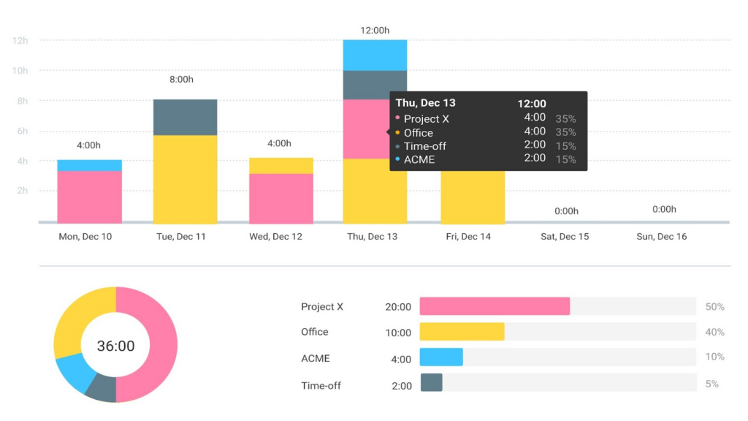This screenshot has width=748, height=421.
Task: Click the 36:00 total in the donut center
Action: (115, 346)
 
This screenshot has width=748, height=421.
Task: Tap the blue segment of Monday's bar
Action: (89, 164)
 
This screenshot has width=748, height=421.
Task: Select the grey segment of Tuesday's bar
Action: (185, 117)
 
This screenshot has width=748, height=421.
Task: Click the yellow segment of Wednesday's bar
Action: (280, 165)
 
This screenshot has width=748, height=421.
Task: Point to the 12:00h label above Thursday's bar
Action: (375, 31)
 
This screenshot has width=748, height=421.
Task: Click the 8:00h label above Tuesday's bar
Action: (181, 79)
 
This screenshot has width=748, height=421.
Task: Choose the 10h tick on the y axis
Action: (20, 70)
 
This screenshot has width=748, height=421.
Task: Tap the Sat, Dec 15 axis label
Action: (565, 237)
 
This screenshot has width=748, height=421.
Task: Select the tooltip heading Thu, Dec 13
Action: (425, 103)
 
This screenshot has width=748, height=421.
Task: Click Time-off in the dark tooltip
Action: (424, 146)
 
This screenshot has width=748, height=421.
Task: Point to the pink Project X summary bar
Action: (495, 306)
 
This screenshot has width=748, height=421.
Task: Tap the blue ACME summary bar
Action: (441, 357)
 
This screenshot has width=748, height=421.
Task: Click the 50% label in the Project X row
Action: (714, 307)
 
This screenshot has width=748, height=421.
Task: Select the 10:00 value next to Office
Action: (398, 333)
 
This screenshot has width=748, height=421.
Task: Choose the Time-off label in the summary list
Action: (321, 385)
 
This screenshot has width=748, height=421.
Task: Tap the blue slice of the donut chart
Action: (74, 371)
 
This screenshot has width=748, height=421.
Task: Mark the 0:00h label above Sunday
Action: (664, 210)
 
